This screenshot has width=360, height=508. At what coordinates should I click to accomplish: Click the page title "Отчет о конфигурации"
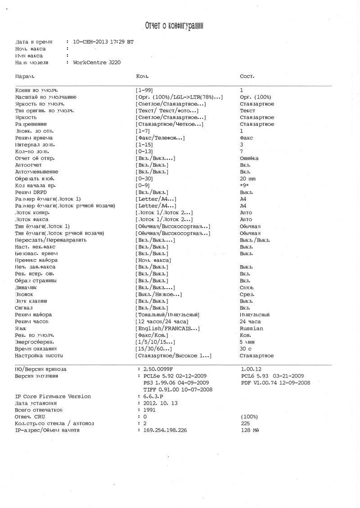coord(174,26)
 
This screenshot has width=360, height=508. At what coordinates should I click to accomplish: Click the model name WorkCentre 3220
coord(97,62)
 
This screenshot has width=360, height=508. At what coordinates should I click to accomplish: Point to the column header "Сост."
coord(247,76)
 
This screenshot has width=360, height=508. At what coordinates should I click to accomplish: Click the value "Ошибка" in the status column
coord(249,158)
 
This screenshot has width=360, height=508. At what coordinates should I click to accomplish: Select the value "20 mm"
coord(248,178)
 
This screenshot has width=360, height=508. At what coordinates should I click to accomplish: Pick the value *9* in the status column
coord(244,185)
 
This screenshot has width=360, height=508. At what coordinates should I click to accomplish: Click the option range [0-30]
coord(144,178)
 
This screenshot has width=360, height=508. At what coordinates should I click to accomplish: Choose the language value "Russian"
coord(251,328)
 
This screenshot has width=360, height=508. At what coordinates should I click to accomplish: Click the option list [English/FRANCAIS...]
coord(167,328)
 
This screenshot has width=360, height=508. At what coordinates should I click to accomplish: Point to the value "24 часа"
coord(250,321)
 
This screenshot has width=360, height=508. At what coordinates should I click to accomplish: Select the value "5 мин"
coord(248,342)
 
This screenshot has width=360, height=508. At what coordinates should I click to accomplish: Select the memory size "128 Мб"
coord(250,430)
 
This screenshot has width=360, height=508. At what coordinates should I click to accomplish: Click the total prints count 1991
coord(150,410)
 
